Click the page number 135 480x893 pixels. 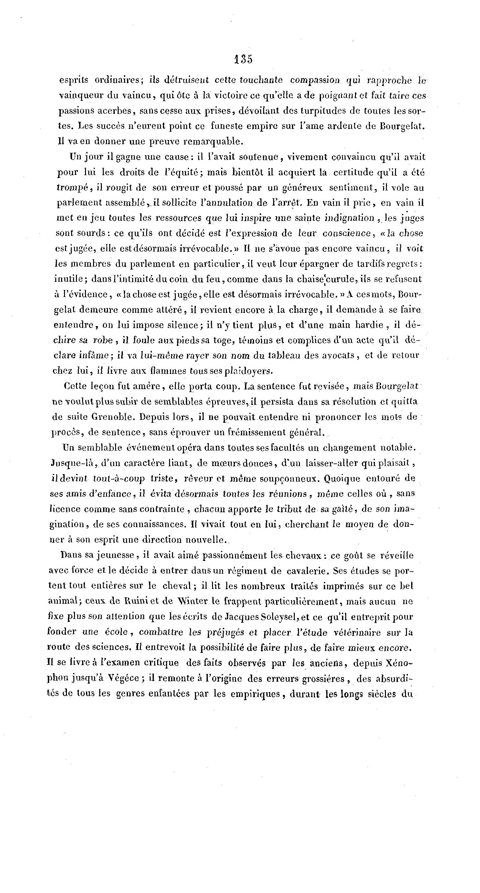[243, 59]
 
